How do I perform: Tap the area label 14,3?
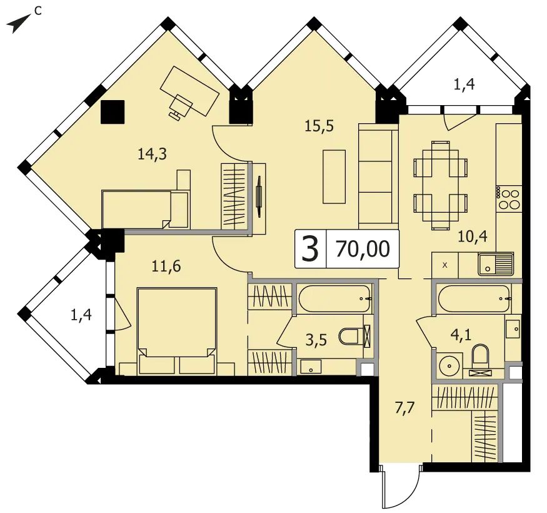[152, 154]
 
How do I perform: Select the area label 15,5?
[319, 126]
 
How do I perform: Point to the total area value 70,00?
[363, 249]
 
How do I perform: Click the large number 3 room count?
[310, 249]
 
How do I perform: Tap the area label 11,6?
[166, 267]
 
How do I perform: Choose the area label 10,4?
[473, 236]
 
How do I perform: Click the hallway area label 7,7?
[404, 409]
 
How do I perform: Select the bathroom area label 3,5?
[316, 340]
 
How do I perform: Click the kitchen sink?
[495, 263]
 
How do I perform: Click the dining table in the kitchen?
[441, 185]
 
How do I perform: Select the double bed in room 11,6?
[177, 331]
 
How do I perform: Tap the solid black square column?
[113, 112]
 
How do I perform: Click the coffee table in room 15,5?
[334, 176]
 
